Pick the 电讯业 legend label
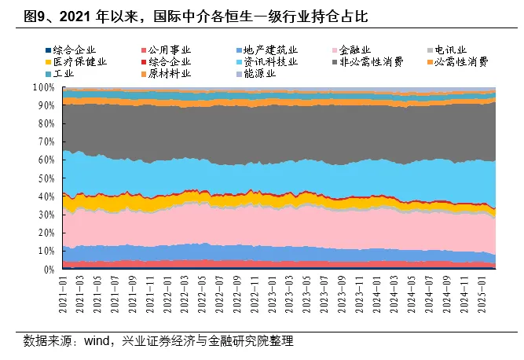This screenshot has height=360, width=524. point(456,50)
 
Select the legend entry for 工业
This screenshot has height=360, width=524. point(63,73)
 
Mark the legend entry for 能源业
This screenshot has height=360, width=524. point(263,73)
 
